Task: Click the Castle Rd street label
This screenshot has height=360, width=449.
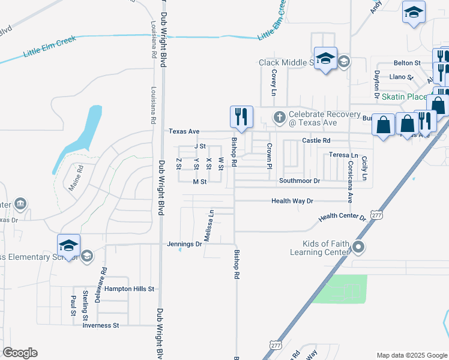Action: pos(316,140)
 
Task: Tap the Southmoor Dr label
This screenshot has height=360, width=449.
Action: pos(300,181)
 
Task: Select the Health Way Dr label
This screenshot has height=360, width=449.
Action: pos(292,202)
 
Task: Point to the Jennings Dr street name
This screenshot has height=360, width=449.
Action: pos(185,244)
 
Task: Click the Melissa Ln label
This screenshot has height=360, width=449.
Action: pos(208,226)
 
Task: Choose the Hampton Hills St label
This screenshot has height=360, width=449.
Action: pos(130,289)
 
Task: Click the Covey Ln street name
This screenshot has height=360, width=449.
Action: pos(273,82)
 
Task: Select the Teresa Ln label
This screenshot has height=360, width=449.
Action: pos(343,155)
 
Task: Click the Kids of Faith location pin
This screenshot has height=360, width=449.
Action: pos(359,247)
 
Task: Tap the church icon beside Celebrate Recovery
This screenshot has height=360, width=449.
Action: pos(279,118)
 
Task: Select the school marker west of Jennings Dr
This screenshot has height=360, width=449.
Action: pos(69,245)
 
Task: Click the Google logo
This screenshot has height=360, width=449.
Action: pos(20,353)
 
